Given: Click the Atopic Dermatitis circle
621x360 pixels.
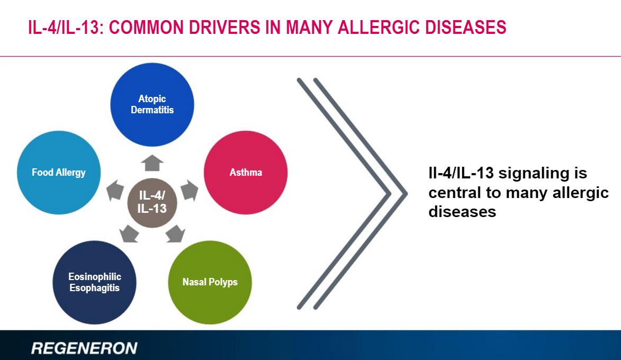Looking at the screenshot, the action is (x=152, y=104).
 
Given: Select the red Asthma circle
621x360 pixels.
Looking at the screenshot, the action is (x=246, y=172).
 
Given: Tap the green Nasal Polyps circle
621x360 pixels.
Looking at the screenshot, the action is (x=210, y=282).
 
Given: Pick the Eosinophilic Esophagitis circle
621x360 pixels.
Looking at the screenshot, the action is (x=95, y=282).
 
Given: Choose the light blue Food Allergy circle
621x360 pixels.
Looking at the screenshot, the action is (x=59, y=172).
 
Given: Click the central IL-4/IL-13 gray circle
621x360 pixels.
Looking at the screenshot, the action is (x=152, y=203).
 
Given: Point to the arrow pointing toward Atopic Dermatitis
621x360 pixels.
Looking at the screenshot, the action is (x=152, y=163).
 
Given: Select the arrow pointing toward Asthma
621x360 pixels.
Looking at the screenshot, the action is (x=190, y=191).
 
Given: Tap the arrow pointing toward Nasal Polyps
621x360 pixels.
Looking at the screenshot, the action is (x=175, y=233).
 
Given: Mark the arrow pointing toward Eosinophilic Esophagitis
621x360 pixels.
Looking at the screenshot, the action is (x=129, y=233).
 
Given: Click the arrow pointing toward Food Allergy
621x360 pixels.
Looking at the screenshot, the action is (x=115, y=191).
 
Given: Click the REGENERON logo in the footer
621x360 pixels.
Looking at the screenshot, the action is (x=84, y=348).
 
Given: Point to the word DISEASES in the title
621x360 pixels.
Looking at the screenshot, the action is (x=466, y=28).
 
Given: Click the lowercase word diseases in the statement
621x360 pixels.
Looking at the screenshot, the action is (x=462, y=212).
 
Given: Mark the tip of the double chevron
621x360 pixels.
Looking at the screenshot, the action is (x=406, y=194).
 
